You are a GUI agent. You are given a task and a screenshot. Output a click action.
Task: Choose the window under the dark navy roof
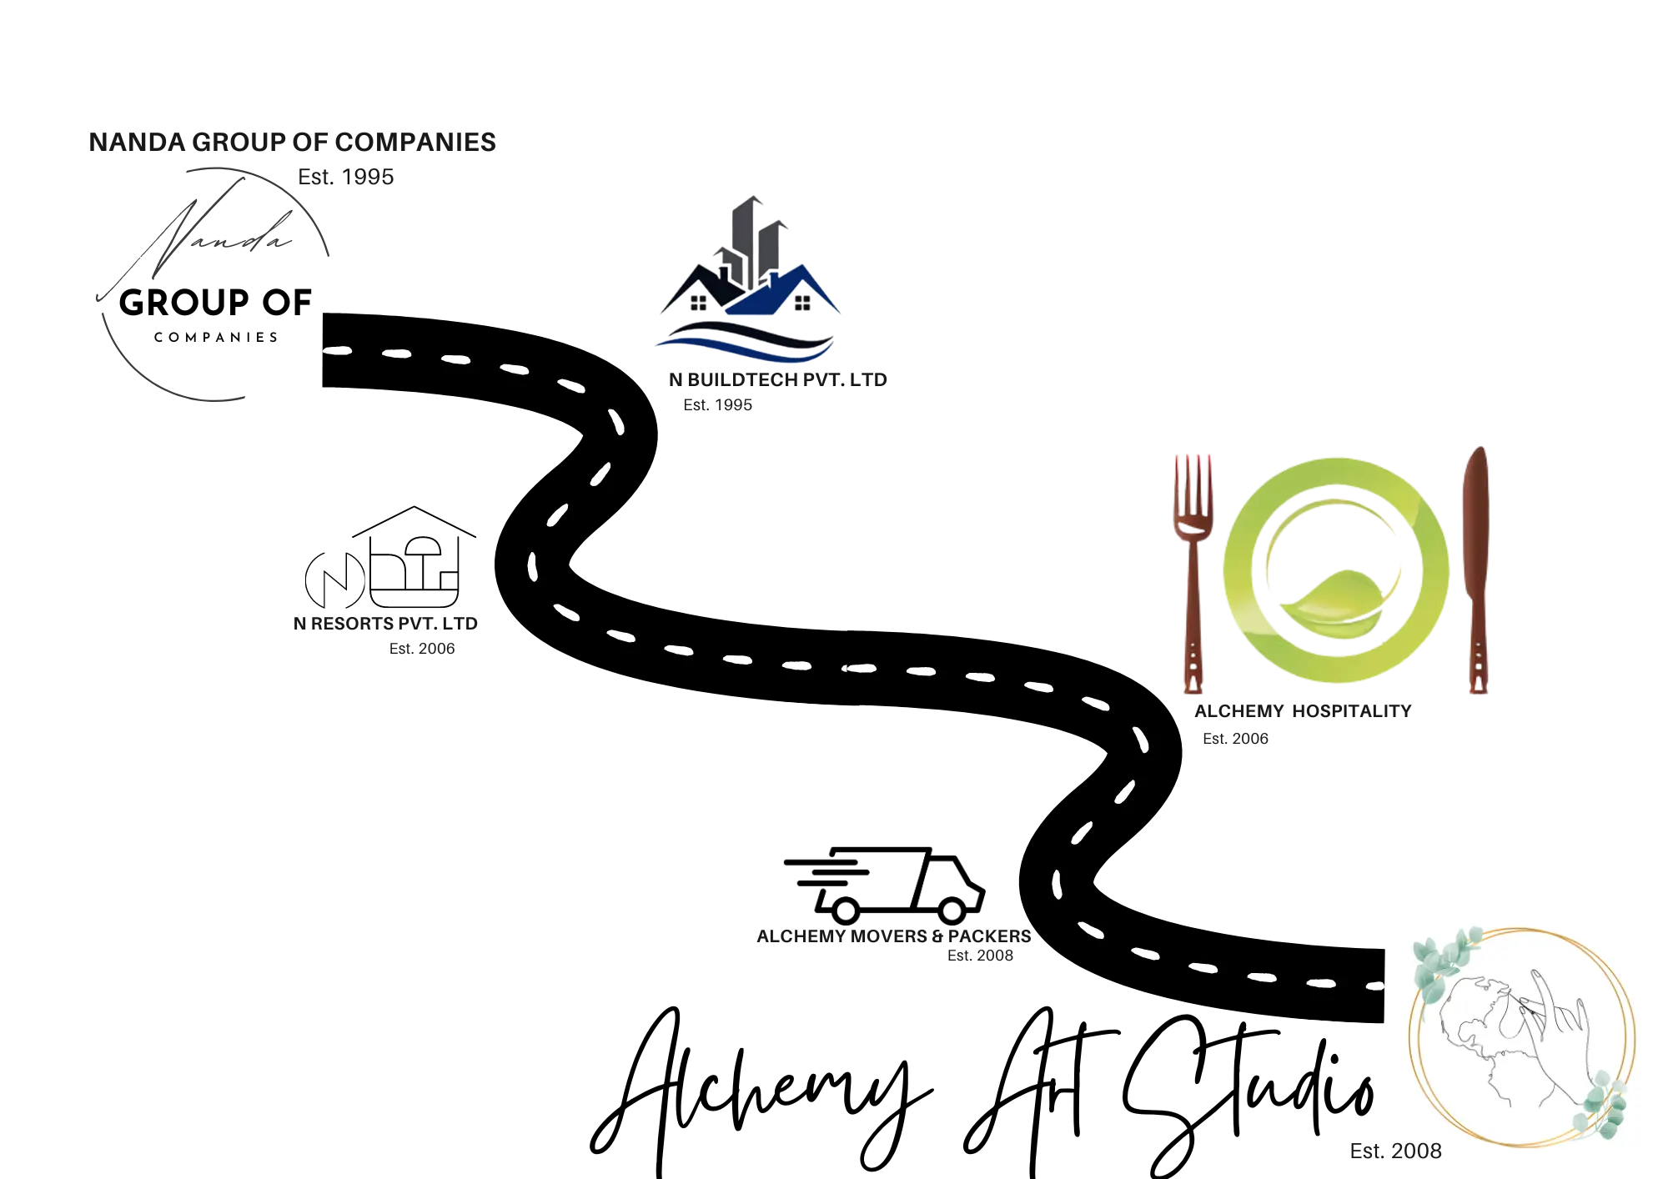698,304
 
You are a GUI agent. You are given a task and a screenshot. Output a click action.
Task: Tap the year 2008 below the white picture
1417,1151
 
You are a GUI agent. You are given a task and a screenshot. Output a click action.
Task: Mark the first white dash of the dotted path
336,351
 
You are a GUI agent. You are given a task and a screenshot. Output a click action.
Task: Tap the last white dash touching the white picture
1375,987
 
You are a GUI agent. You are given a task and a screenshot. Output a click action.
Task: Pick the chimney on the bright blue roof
772,277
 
